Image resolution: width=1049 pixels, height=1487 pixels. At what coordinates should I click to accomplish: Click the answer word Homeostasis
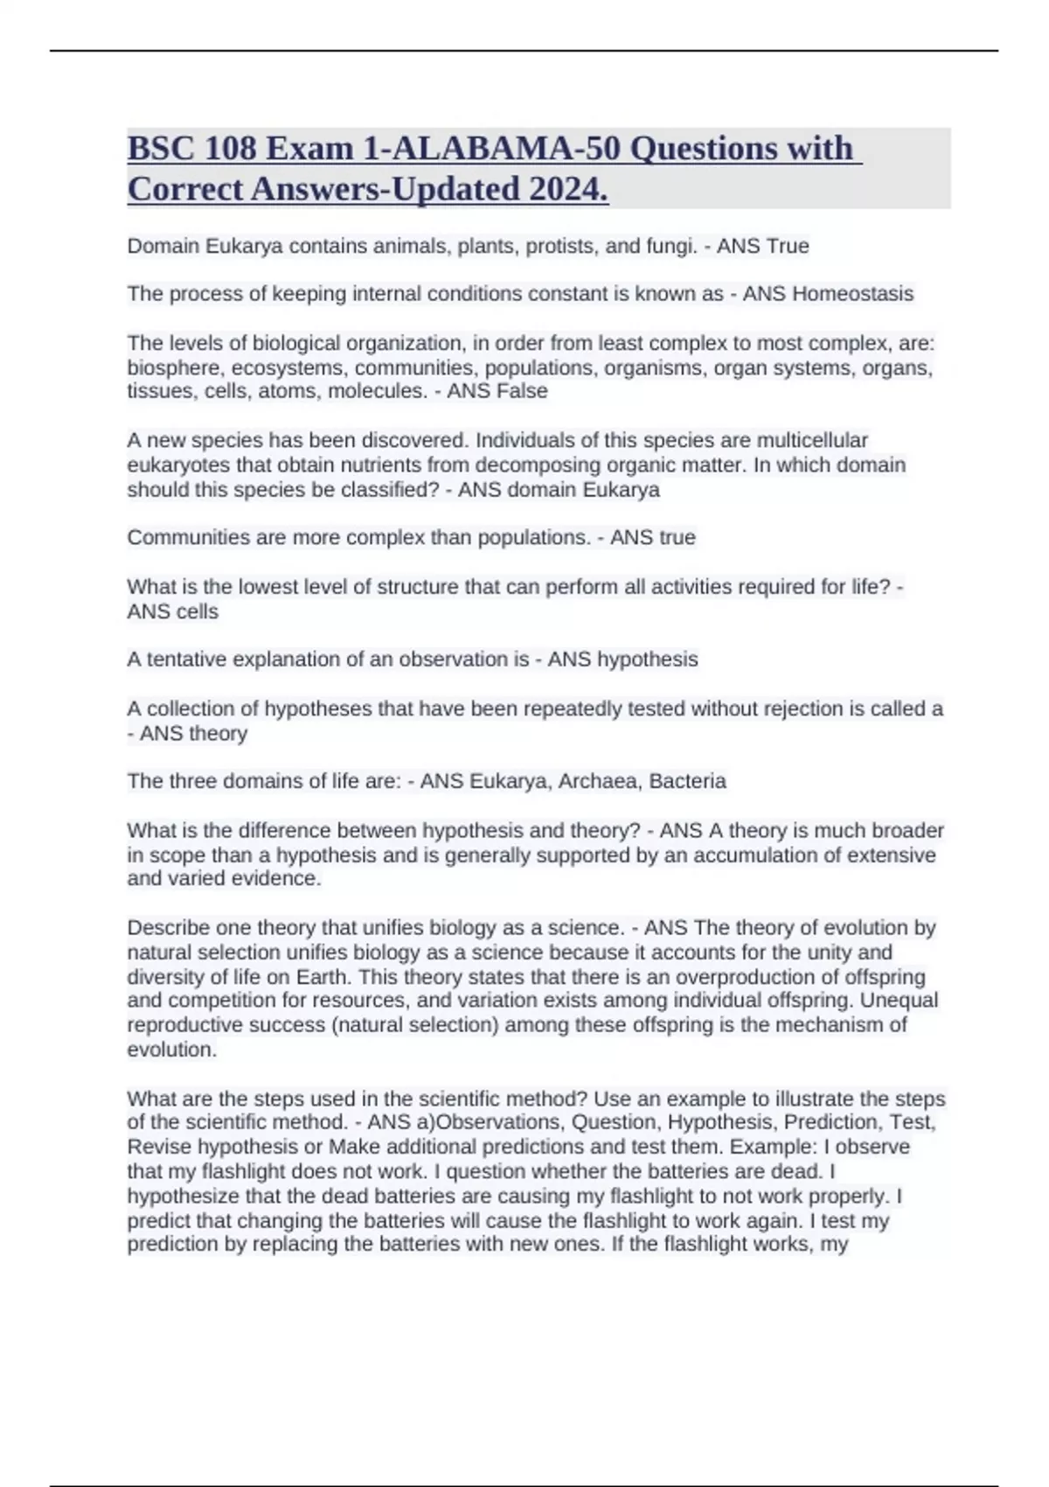click(852, 294)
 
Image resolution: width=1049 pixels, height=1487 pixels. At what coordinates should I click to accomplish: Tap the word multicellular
click(812, 440)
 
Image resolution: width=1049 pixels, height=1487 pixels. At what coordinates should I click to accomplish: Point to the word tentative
click(190, 660)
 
